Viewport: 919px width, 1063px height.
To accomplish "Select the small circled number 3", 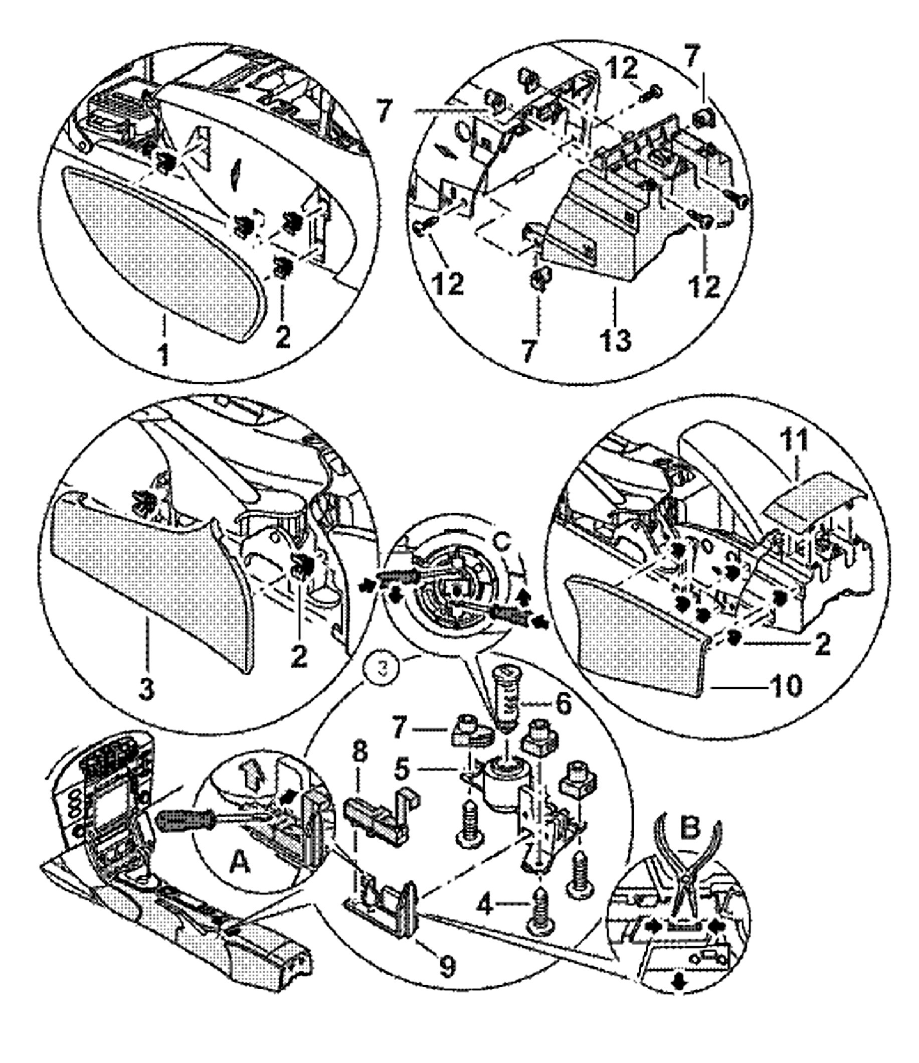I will coord(382,668).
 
